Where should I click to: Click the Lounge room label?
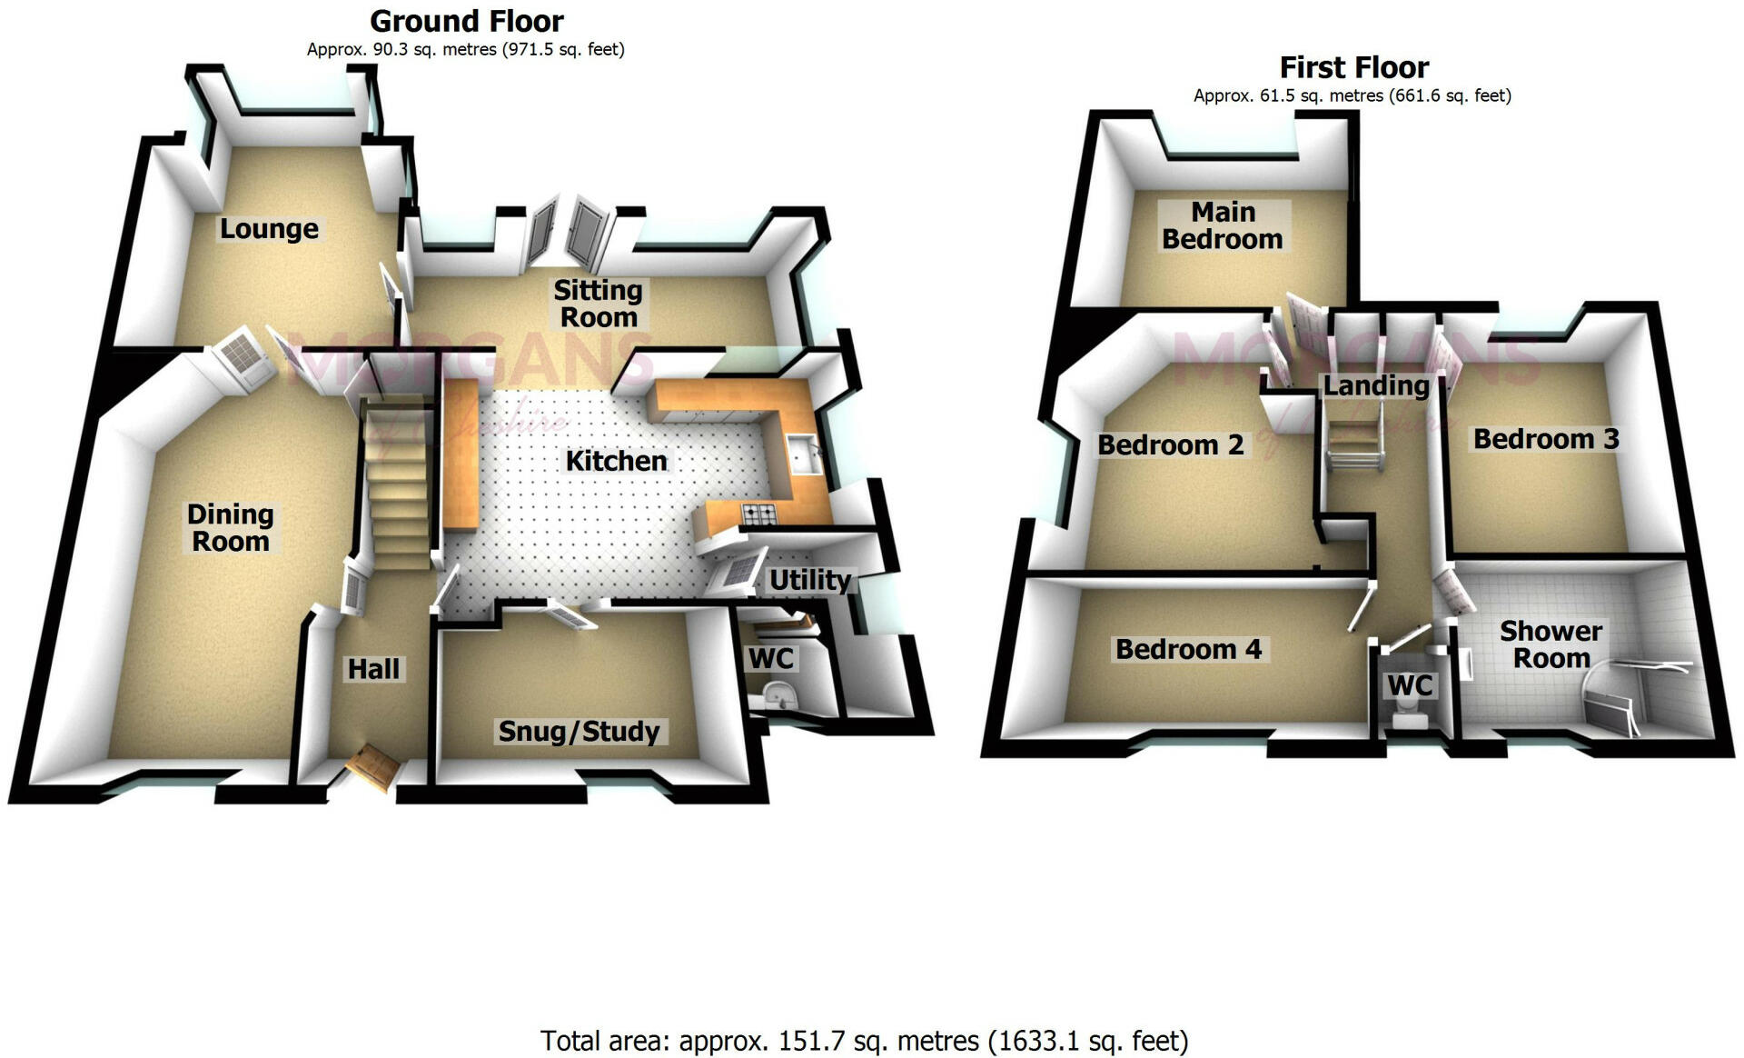[x=269, y=228]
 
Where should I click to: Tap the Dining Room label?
[x=230, y=527]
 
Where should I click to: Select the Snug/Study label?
[x=579, y=731]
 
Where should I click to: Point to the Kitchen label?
[x=616, y=460]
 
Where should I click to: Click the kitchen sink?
[x=805, y=453]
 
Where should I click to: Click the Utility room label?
[x=809, y=579]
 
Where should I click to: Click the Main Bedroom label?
[x=1223, y=225]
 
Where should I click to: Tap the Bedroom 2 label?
[x=1170, y=444]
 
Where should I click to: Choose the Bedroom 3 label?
[x=1546, y=438]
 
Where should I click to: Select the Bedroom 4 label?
[x=1188, y=649]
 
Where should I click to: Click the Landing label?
[x=1376, y=385]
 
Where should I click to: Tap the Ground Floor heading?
[x=467, y=20]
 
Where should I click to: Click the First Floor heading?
[x=1353, y=67]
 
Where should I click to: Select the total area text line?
[x=864, y=1040]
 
